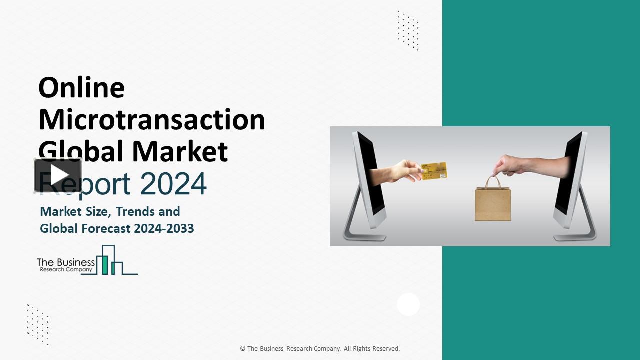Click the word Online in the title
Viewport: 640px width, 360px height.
[x=81, y=88]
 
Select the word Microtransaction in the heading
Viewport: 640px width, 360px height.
[x=151, y=120]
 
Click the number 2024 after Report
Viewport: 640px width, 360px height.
[x=173, y=183]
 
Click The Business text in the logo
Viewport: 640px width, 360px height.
[x=66, y=262]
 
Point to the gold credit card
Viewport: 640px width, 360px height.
[x=434, y=171]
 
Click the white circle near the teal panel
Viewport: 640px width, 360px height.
[x=408, y=304]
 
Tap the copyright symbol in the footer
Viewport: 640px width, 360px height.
[x=243, y=349]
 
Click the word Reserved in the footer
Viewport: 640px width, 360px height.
[x=385, y=349]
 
